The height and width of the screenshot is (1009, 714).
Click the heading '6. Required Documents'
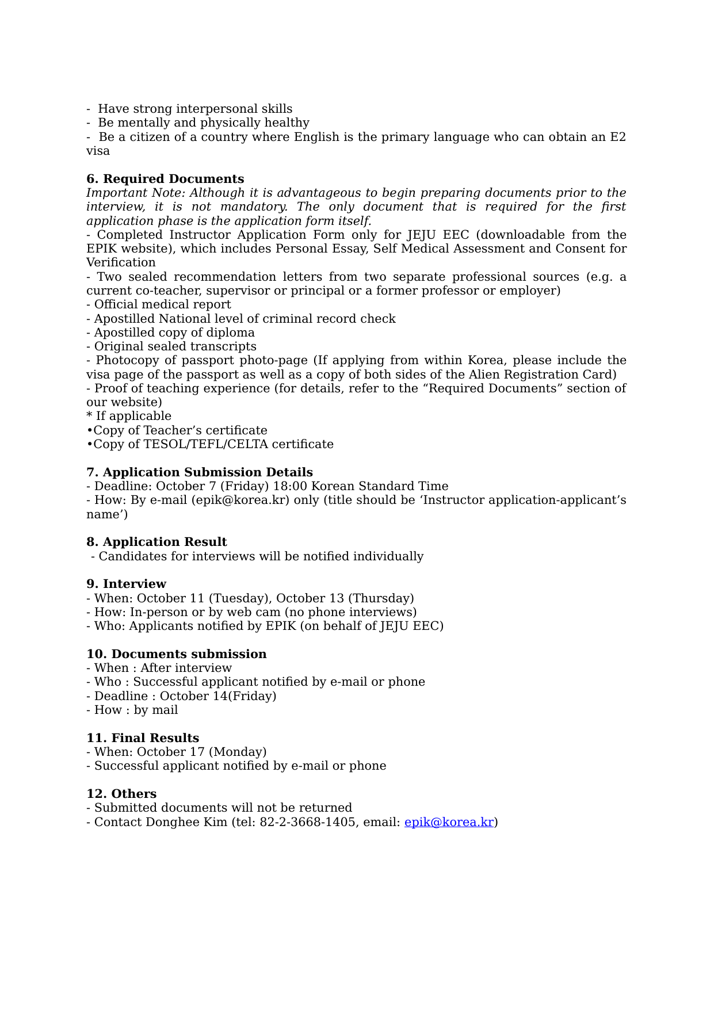coord(165,179)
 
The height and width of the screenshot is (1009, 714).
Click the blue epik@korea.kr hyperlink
coord(449,822)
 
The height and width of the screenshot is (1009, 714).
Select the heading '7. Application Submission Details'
coord(200,472)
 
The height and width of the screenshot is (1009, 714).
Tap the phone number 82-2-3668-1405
coord(307,822)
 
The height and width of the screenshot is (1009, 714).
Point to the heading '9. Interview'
coord(126,584)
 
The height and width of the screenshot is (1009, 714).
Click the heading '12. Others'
coord(121,794)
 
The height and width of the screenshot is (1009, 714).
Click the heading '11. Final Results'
coord(143,738)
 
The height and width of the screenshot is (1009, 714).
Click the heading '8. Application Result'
coord(156,542)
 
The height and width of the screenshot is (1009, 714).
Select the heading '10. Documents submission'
coord(177,654)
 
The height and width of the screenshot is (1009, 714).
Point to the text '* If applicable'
coord(129,416)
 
